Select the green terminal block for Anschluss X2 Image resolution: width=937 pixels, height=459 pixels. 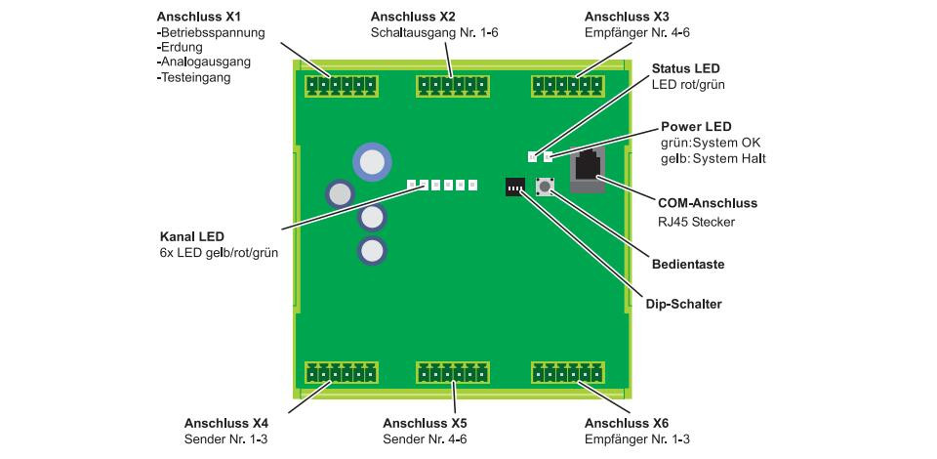point(452,87)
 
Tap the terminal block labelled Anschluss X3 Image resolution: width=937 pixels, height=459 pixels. point(568,87)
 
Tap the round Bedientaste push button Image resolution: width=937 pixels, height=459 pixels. point(545,187)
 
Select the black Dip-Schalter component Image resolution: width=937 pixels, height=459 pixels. point(515,188)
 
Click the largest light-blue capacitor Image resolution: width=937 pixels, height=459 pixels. point(372,162)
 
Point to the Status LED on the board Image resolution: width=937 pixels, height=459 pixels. point(532,157)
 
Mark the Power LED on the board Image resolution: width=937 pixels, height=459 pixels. point(548,157)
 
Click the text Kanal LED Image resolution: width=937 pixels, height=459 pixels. point(186,236)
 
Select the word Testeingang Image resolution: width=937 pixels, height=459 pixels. point(193,78)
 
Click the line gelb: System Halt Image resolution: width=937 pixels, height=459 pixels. point(713,159)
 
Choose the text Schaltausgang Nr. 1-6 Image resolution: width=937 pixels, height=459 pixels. point(434,33)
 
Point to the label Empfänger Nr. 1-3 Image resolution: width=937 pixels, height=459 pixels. point(637,439)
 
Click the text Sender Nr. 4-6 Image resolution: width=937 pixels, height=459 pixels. point(425,439)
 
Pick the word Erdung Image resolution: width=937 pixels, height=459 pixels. point(180,47)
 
